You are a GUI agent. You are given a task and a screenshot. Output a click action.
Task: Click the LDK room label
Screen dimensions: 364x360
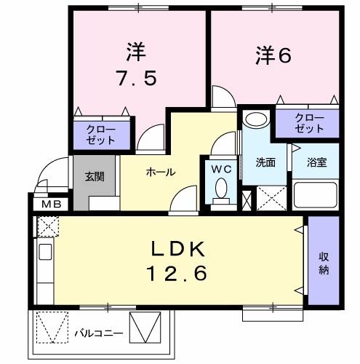point(179,250)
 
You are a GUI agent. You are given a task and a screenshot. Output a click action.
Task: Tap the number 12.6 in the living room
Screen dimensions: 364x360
point(179,273)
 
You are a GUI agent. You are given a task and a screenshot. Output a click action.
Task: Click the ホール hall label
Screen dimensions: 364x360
point(159,172)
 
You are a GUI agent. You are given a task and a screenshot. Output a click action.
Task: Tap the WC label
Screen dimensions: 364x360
point(220,168)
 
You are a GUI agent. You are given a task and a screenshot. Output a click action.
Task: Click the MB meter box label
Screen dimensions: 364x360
point(49,204)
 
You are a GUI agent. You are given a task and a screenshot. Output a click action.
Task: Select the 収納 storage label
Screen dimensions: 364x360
point(324,263)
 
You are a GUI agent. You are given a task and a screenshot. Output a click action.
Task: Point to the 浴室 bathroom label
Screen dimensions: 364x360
point(316,162)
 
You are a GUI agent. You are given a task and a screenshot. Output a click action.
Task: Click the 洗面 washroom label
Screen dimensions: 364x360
point(265,162)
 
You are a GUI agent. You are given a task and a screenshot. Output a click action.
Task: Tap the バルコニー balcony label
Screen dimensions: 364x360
point(98,334)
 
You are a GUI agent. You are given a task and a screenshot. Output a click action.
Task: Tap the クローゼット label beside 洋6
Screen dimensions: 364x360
point(310,123)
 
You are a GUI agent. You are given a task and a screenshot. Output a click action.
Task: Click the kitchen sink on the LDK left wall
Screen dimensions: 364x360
point(43,256)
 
